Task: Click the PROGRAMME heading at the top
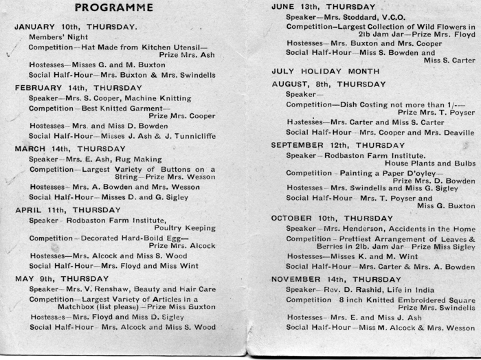113,8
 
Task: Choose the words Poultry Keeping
183,227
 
